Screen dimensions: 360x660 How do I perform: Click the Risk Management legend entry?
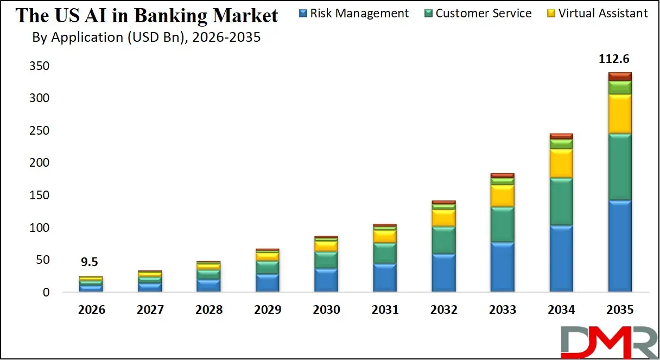point(354,13)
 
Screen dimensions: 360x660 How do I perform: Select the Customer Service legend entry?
point(478,13)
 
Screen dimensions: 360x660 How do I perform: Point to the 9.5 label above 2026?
point(90,262)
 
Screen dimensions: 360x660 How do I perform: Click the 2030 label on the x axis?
point(326,310)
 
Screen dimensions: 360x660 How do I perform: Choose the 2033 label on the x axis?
point(503,310)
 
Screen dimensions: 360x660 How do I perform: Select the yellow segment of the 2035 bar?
point(620,114)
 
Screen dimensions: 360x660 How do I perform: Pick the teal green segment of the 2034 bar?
point(561,201)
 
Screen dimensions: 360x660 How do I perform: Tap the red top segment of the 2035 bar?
point(620,76)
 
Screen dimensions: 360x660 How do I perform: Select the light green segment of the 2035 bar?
point(620,87)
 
